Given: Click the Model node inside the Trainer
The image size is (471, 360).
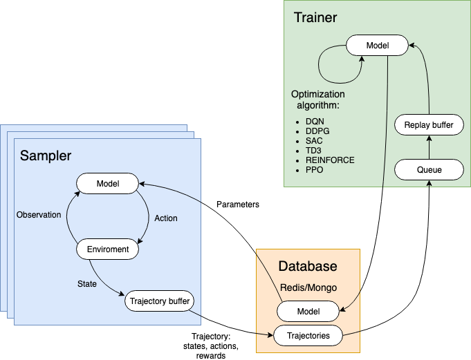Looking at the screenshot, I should pos(377,46).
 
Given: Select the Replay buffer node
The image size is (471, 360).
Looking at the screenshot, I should pos(428,125).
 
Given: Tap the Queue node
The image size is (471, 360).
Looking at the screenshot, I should pos(428,169).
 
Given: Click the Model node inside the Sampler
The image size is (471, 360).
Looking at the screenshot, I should pos(107,184).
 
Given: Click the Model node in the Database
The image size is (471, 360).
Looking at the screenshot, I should pos(308,312).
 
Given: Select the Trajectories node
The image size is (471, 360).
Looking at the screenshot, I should pos(308,336).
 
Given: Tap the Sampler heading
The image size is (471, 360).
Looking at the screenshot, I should pos(46,155).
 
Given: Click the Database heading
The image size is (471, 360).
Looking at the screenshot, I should pos(308,266).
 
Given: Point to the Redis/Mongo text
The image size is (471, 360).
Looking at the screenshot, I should pos(308,286).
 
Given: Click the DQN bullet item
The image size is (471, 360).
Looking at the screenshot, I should pos(315,122).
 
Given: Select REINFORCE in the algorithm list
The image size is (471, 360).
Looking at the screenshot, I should pos(329,160).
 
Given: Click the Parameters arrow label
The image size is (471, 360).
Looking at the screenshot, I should pos(239,205).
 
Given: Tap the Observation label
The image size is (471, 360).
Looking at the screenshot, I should pos(39,215).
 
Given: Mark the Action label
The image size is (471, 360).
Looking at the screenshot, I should pos(166,218).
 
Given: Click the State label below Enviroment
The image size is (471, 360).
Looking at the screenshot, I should pos(86,284).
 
